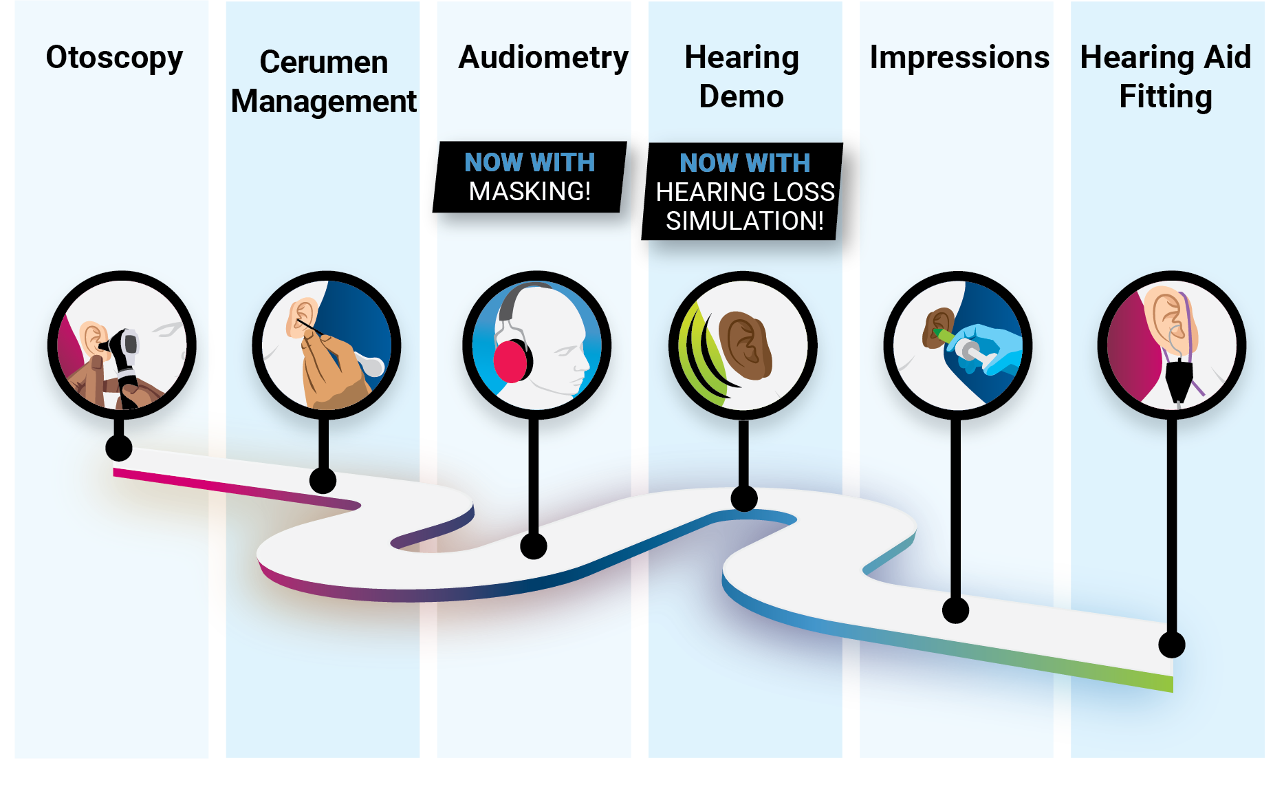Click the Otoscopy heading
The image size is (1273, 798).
tap(114, 58)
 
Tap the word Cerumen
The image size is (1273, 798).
tap(323, 63)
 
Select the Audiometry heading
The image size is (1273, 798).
tap(543, 58)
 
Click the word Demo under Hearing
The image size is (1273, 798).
tap(741, 97)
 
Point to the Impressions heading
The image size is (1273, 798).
tap(959, 58)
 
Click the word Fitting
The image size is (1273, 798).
tap(1165, 97)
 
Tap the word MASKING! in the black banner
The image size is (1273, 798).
tap(530, 191)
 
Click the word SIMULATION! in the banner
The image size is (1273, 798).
tap(744, 221)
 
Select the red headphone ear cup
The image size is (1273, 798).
tap(510, 361)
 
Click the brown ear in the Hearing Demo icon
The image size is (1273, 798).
tap(746, 344)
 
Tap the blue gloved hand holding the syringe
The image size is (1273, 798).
tap(990, 347)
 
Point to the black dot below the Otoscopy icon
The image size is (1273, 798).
tap(119, 448)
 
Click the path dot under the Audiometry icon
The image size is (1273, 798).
tap(534, 546)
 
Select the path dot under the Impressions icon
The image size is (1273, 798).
tap(955, 610)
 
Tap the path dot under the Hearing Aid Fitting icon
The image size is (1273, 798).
tap(1171, 645)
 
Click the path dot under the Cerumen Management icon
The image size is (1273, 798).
tap(323, 480)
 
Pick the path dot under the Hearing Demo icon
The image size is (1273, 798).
tap(743, 498)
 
